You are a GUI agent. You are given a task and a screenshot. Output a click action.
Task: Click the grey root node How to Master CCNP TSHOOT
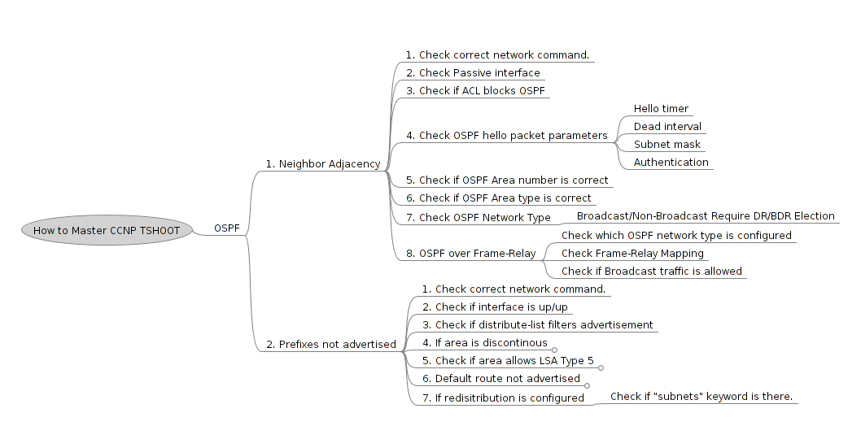[x=107, y=230]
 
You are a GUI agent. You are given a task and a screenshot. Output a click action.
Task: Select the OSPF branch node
[x=227, y=228]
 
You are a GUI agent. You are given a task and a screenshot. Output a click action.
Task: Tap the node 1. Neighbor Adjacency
[x=322, y=164]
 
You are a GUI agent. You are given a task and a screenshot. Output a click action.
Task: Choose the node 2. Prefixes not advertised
[x=331, y=345]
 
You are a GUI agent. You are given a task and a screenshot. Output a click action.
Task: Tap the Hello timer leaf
[x=661, y=109]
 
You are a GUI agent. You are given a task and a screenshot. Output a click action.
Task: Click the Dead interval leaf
[x=667, y=127]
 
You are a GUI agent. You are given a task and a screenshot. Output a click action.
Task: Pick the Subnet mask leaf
[x=667, y=145]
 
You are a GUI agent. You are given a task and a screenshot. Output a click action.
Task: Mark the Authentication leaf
[x=671, y=163]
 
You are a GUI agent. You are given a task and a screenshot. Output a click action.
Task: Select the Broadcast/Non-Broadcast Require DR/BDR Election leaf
[x=706, y=216]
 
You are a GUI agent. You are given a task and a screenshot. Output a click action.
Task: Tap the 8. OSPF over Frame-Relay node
[x=470, y=254]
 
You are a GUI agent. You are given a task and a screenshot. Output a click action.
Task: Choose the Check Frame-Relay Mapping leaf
[x=632, y=254]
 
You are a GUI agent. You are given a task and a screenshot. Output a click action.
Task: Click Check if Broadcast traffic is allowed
[x=651, y=272]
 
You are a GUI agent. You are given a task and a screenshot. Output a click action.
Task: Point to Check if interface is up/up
[x=495, y=307]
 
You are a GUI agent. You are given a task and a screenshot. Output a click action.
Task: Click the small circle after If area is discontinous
[x=554, y=349]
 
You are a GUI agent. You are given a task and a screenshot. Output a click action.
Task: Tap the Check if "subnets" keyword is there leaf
[x=701, y=397]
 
